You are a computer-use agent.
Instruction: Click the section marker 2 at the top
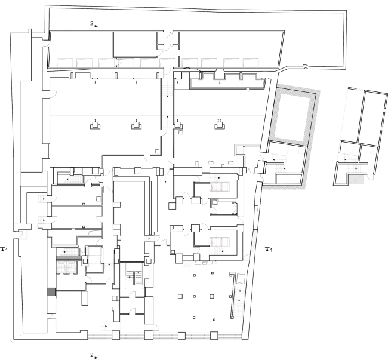click(x=94, y=24)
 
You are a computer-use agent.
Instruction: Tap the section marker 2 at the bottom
click(x=94, y=356)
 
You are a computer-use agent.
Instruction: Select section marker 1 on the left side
click(x=4, y=250)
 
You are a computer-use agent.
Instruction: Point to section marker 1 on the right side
click(x=269, y=250)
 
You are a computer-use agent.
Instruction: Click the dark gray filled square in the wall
click(x=51, y=292)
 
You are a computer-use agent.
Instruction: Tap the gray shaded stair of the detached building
click(x=356, y=179)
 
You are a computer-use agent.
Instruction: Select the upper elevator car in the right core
click(x=220, y=186)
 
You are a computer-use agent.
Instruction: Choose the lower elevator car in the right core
click(x=220, y=242)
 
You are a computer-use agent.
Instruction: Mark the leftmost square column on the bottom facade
click(x=116, y=335)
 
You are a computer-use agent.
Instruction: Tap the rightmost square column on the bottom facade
click(x=214, y=336)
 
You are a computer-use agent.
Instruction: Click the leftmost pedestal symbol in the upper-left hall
click(x=96, y=125)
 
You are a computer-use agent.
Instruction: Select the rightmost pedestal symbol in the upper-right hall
click(x=220, y=125)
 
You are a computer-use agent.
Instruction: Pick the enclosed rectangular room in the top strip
click(x=136, y=44)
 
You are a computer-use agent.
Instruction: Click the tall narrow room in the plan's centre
click(x=129, y=221)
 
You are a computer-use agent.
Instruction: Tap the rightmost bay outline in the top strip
click(x=251, y=62)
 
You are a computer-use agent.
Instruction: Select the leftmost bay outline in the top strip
click(x=65, y=62)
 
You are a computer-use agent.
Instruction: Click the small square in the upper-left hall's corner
click(x=157, y=151)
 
